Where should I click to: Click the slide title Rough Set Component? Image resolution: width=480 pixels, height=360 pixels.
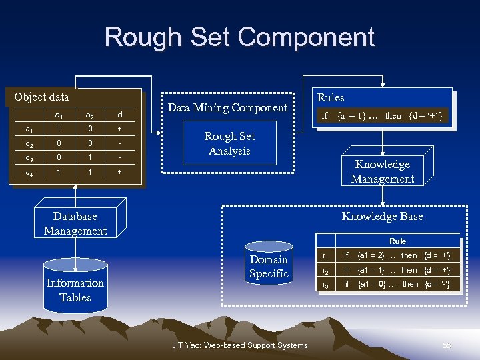(x=239, y=37)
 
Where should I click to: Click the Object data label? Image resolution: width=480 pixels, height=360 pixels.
(x=41, y=97)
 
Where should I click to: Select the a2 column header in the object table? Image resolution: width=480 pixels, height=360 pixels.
(x=89, y=115)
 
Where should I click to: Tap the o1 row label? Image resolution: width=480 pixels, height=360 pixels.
(x=29, y=129)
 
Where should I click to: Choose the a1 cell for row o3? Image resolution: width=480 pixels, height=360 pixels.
(x=59, y=157)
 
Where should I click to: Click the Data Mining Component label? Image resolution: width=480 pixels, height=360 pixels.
(x=227, y=107)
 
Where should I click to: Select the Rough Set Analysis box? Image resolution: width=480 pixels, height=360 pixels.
(x=229, y=143)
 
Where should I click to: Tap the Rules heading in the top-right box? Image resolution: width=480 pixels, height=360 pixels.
(x=331, y=97)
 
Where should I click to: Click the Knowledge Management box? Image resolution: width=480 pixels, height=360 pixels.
(x=383, y=171)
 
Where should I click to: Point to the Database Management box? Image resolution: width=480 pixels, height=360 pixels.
(x=75, y=223)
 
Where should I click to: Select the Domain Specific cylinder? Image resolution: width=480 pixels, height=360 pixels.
(x=268, y=267)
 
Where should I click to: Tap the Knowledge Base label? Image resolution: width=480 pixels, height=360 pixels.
(x=382, y=216)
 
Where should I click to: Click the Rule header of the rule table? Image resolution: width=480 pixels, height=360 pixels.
(x=397, y=241)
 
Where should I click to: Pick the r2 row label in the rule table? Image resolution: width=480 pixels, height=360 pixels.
(x=325, y=271)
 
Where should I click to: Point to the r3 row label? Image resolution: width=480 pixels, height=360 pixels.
(x=325, y=285)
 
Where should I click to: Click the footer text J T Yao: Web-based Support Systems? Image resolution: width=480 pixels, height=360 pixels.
(x=239, y=345)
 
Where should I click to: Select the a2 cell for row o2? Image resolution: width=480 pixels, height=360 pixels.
(x=89, y=143)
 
